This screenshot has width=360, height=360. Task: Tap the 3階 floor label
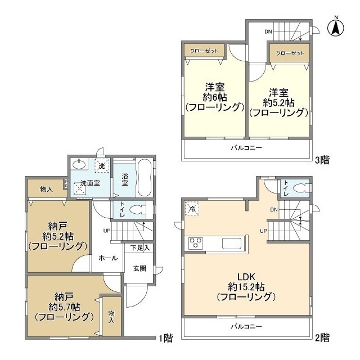(x=322, y=160)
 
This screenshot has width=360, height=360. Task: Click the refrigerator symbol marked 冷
(x=192, y=208)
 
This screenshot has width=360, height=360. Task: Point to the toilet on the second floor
(x=300, y=188)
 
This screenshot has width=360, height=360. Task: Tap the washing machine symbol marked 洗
(x=102, y=166)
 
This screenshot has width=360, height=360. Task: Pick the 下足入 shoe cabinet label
(x=140, y=247)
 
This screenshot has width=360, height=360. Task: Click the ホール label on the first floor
(x=108, y=258)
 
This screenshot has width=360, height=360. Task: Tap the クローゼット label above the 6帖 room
(x=201, y=51)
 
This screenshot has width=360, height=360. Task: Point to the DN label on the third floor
(x=269, y=31)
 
